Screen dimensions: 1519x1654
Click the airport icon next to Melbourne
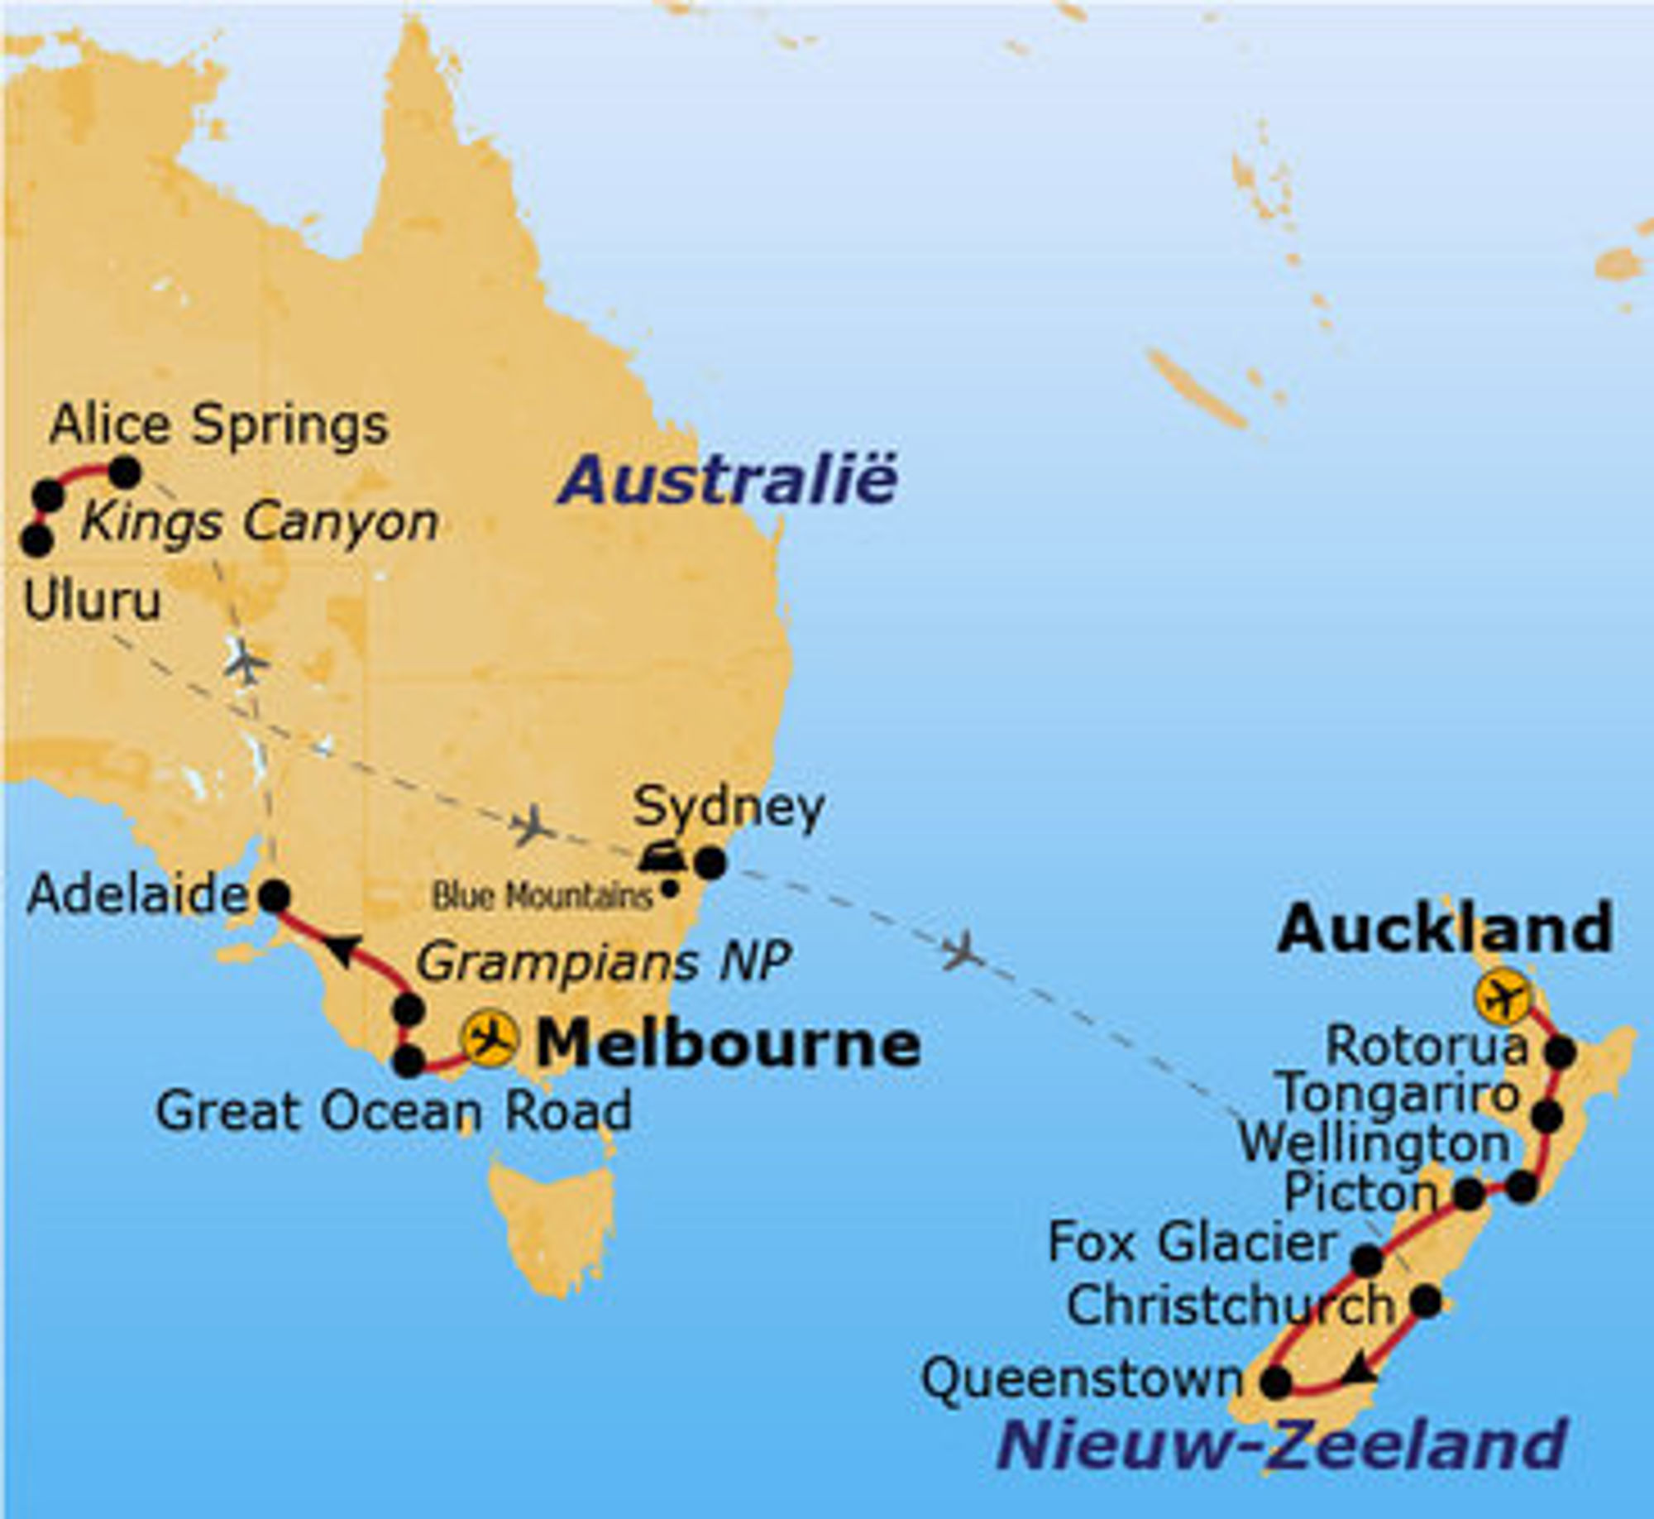490,1038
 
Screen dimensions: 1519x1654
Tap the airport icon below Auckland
1501,999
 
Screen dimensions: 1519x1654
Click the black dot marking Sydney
710,864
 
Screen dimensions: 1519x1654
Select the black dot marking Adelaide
275,896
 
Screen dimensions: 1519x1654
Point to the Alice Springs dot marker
125,472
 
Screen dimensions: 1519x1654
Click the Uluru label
92,601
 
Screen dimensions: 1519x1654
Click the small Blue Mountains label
543,896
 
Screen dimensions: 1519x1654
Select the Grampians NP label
603,962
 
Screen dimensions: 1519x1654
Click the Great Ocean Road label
394,1112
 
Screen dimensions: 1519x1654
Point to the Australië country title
727,481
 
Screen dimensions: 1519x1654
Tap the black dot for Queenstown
1275,1382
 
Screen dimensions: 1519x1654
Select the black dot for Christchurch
1427,1301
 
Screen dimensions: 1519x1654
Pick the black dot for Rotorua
1561,1052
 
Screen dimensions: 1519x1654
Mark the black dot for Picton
1469,1194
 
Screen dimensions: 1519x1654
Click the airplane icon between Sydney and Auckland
963,952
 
